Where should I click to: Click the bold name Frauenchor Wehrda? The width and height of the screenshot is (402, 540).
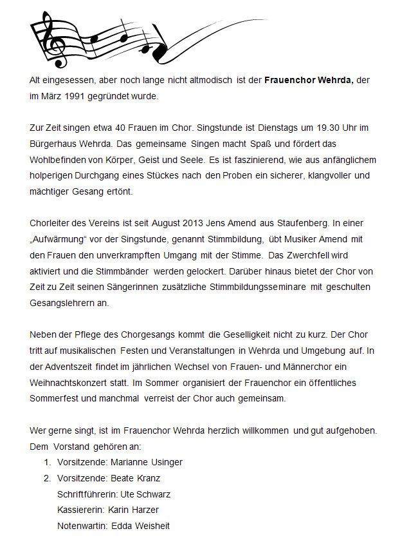pos(309,81)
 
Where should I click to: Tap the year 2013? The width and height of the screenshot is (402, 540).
pos(180,223)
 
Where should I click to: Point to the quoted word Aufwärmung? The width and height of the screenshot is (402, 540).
pos(62,239)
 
